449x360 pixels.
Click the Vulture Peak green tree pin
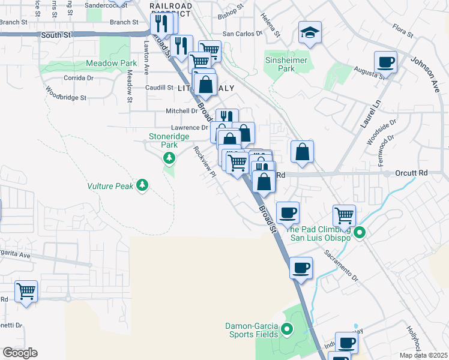(142, 185)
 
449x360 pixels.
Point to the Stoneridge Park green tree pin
(169, 158)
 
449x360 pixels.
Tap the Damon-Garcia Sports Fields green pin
(287, 328)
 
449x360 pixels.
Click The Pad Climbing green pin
(360, 233)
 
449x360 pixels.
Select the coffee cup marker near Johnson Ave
(385, 62)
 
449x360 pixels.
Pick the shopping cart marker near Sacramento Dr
(344, 215)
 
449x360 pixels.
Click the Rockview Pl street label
(203, 162)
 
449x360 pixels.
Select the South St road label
(56, 35)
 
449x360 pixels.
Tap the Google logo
(20, 353)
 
